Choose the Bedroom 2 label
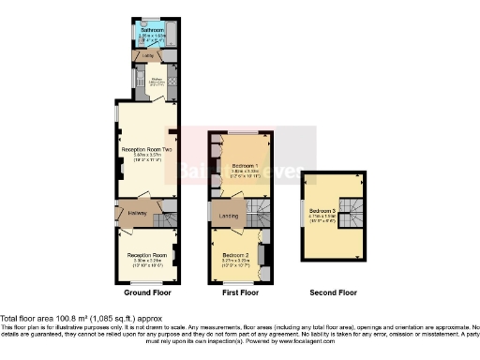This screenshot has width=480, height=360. pyautogui.click(x=235, y=254)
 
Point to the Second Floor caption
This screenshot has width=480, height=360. pyautogui.click(x=333, y=292)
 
